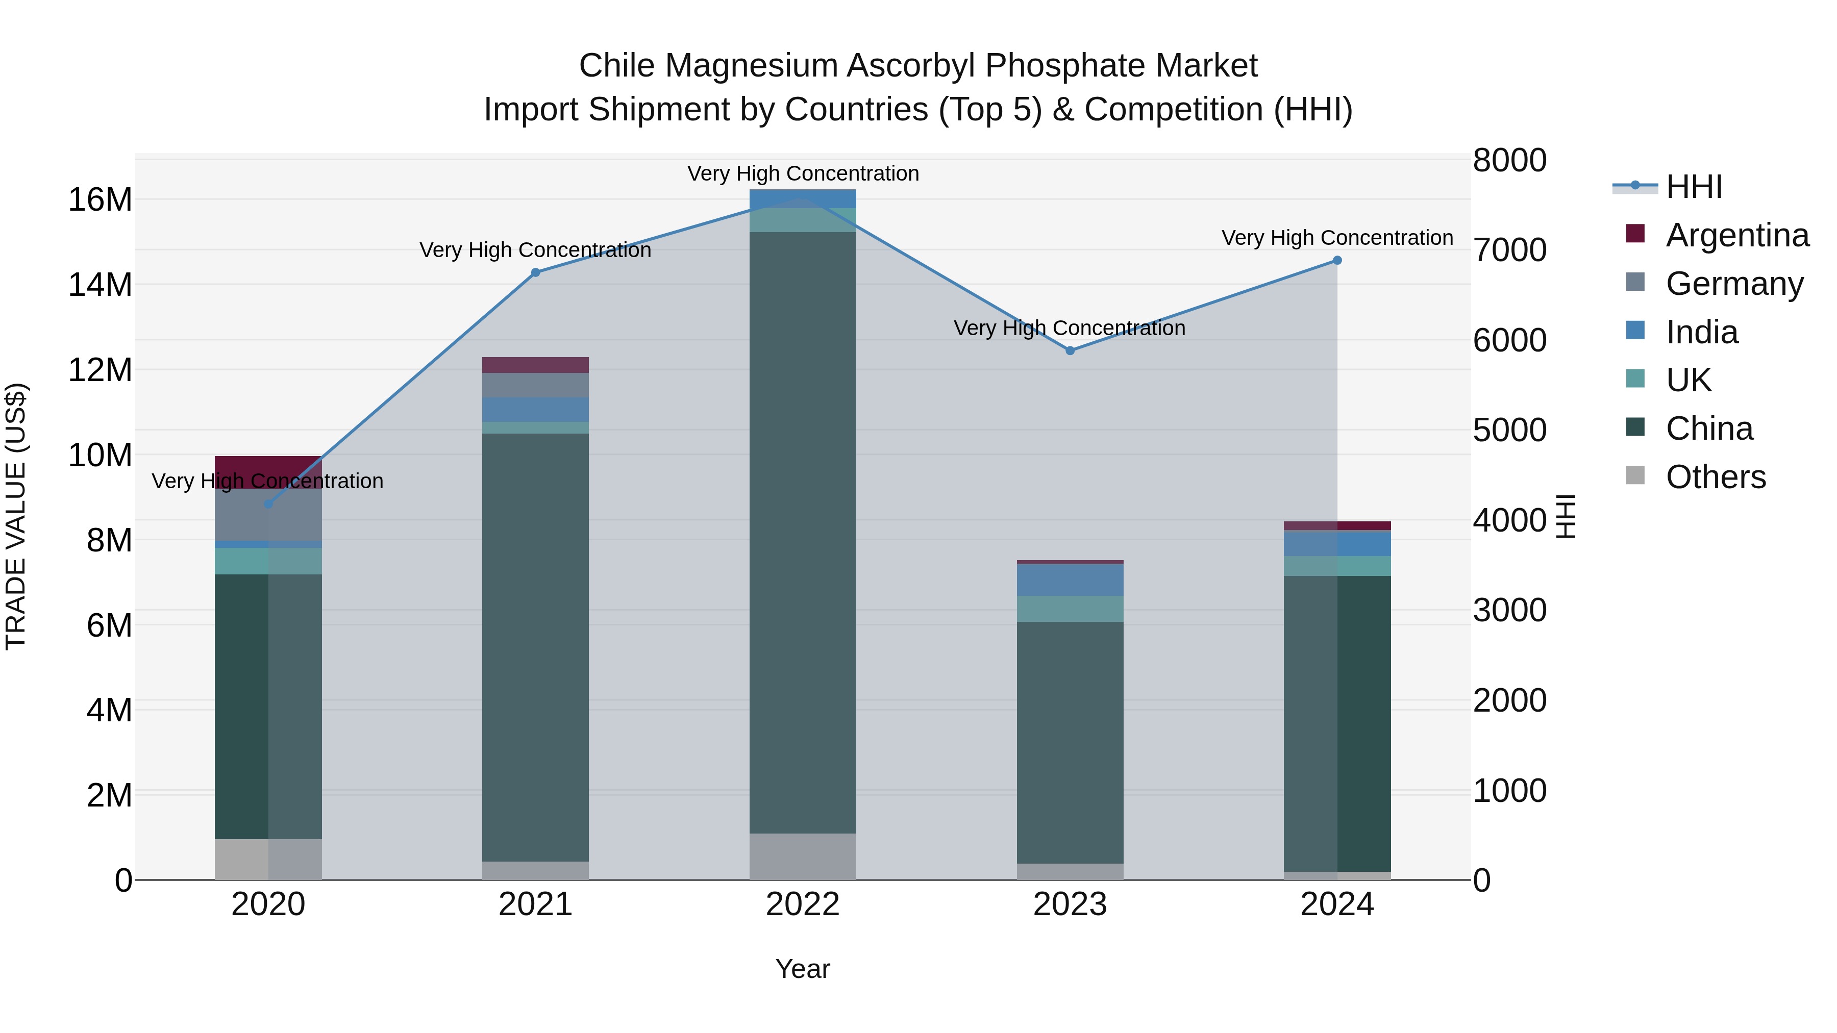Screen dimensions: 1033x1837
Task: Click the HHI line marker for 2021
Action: [x=536, y=272]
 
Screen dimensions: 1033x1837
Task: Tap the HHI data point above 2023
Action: [x=1070, y=351]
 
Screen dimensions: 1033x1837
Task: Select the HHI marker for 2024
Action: [x=1337, y=260]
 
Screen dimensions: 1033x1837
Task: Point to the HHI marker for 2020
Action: [x=268, y=505]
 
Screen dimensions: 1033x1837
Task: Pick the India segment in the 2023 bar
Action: [x=1070, y=580]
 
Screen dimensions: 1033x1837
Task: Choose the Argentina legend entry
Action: [x=1737, y=235]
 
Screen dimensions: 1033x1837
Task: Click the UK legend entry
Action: [x=1688, y=380]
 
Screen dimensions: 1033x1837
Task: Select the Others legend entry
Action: [x=1715, y=477]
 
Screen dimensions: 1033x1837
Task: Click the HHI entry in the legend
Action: [x=1694, y=187]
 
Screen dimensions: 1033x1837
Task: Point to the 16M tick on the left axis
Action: [x=100, y=199]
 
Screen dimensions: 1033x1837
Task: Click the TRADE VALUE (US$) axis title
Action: [x=16, y=516]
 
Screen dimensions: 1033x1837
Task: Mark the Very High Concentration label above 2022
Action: [x=803, y=173]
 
